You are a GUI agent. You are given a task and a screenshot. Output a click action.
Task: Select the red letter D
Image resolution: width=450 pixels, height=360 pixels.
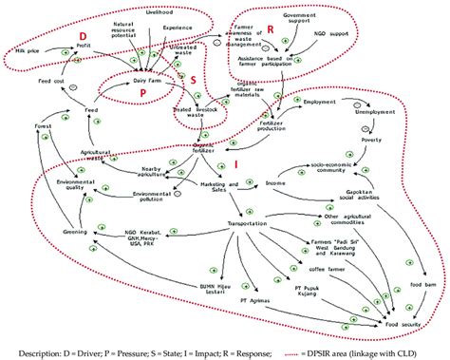(69, 35)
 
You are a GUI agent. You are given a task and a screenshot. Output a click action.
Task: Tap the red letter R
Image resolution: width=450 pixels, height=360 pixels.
(272, 31)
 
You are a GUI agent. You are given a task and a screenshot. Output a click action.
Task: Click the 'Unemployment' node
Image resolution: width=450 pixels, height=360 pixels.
(375, 112)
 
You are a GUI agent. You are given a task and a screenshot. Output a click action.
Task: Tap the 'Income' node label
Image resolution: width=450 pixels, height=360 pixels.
(276, 181)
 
